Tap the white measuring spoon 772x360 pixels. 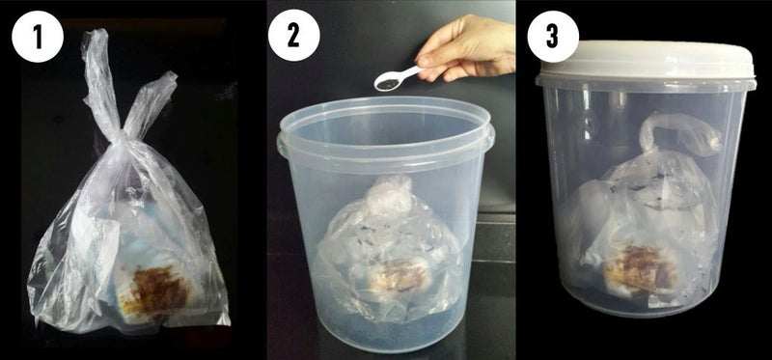coord(396,78)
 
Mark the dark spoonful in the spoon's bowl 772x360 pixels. coord(384,84)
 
